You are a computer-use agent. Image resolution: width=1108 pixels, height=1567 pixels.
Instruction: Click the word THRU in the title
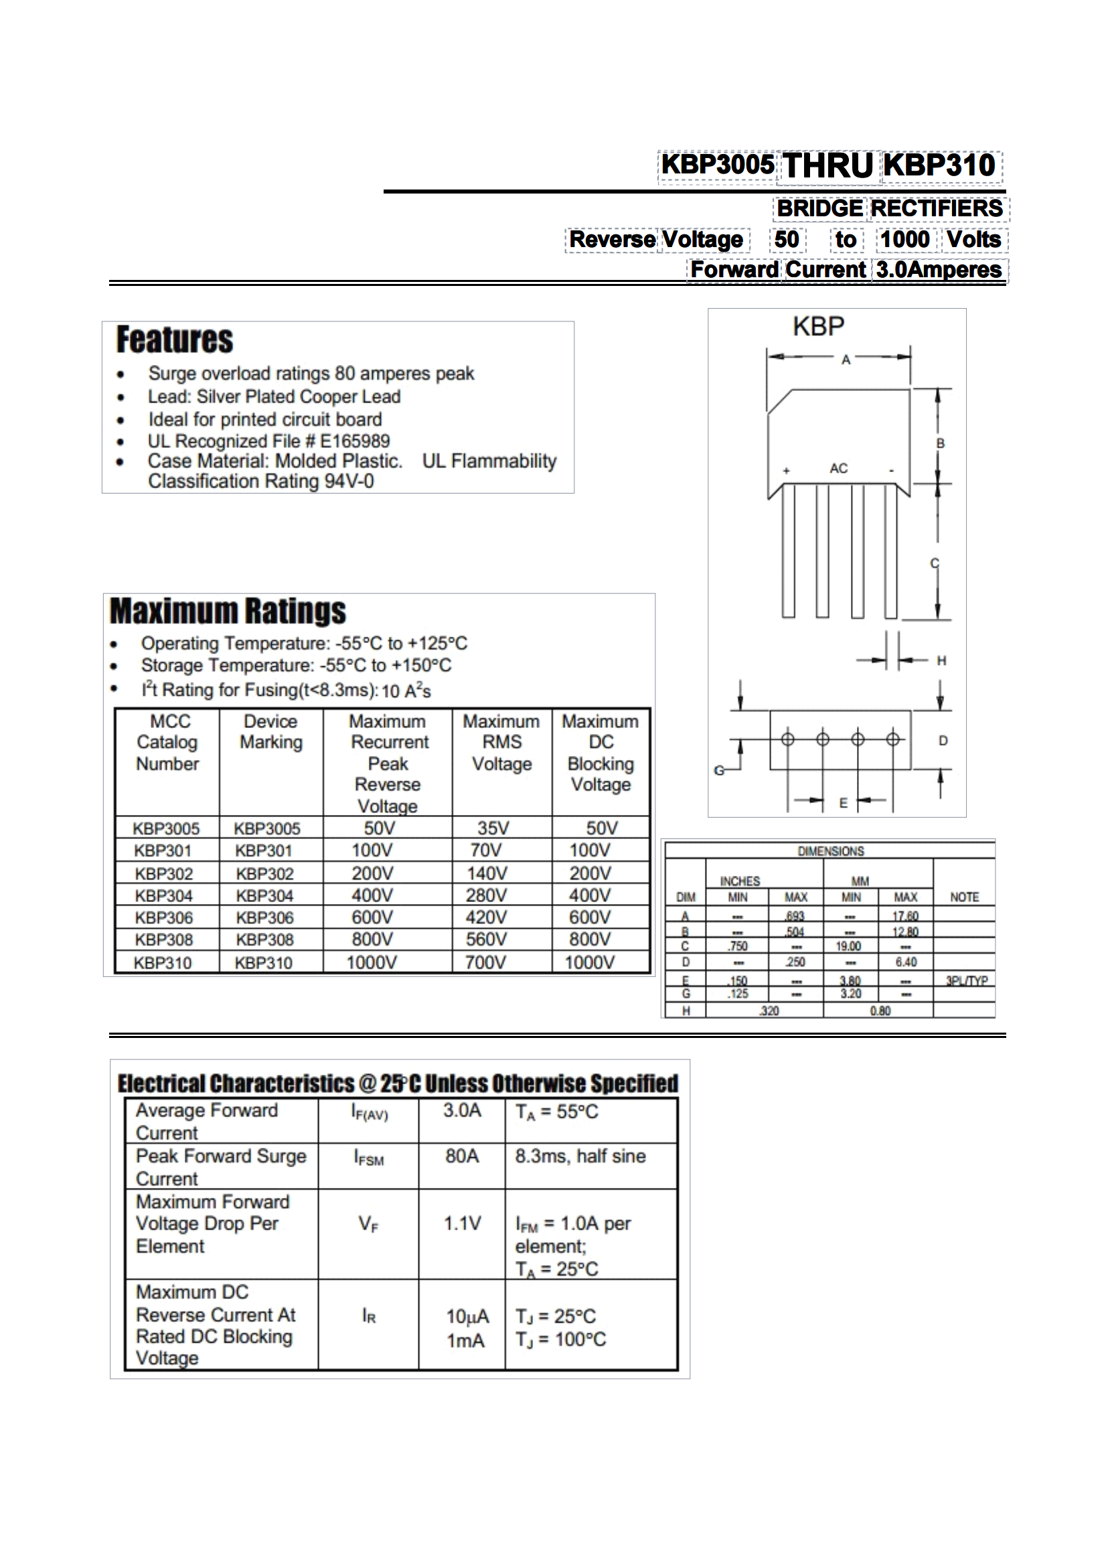pos(827,166)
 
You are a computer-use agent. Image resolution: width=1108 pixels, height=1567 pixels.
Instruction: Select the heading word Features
pos(175,340)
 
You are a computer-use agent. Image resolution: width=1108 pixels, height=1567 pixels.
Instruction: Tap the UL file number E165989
pos(355,441)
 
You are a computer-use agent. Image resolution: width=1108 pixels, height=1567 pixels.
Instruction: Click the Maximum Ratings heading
pos(228,611)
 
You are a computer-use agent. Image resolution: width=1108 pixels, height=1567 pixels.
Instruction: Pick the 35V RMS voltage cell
pos(493,828)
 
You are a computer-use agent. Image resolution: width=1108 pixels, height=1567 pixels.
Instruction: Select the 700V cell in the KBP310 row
pos(486,962)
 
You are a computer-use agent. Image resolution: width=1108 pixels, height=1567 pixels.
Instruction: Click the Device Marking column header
pos(271,732)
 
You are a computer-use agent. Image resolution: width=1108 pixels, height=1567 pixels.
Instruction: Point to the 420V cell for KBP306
pos(486,917)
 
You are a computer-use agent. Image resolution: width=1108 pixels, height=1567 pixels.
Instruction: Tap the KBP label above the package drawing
pos(818,327)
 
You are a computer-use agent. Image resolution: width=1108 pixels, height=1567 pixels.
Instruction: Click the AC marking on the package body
pos(838,469)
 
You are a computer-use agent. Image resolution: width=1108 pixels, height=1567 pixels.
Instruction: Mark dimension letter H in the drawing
pos(941,661)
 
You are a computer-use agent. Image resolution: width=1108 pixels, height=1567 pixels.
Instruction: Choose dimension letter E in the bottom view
pos(844,804)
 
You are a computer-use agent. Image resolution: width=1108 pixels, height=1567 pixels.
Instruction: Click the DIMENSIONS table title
pos(830,851)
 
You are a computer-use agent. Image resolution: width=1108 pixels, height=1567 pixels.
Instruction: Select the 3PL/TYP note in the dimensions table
pos(966,981)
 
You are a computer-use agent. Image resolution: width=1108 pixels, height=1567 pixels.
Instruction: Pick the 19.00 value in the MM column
pos(849,947)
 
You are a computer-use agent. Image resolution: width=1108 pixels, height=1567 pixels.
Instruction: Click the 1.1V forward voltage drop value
pos(462,1223)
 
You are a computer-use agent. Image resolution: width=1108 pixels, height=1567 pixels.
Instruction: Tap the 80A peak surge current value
pos(462,1156)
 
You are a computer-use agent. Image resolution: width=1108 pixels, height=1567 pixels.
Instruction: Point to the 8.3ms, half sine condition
pos(580,1156)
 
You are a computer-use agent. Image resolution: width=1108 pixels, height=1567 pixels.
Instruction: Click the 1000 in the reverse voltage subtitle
pos(904,240)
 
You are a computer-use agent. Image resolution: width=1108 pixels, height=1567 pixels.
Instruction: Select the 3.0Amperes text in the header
pos(939,270)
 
